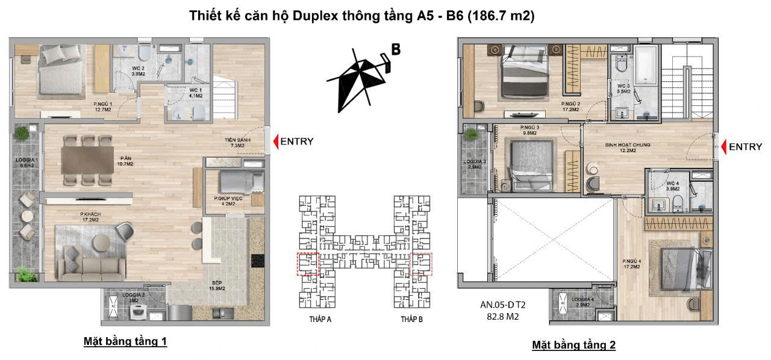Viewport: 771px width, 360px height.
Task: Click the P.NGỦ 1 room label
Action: click(x=102, y=107)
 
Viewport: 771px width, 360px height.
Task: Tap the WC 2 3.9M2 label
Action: click(x=138, y=71)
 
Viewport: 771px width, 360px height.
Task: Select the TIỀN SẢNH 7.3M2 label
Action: click(x=234, y=143)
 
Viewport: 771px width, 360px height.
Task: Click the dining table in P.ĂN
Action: click(x=87, y=160)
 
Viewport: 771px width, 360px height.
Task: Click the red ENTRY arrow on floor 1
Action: click(x=276, y=142)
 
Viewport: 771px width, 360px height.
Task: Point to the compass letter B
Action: click(x=396, y=49)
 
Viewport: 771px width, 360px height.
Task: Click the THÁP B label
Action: click(x=411, y=319)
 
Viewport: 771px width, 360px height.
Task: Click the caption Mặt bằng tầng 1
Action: click(x=125, y=342)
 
